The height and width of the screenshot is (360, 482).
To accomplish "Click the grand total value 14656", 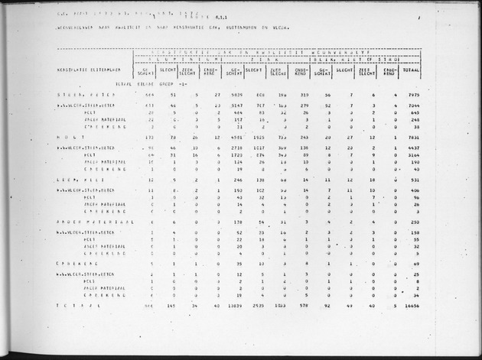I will coord(412,305).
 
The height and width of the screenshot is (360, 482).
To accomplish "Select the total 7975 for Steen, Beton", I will coord(413,96).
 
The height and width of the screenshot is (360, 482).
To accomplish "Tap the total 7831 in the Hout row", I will coord(413,138).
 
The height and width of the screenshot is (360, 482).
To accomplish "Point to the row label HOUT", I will coord(72,138).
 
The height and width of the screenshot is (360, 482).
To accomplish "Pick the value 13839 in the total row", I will coord(235,305).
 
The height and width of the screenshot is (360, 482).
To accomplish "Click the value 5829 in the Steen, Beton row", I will coord(236,96).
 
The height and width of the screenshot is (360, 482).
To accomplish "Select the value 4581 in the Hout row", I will coord(236,138).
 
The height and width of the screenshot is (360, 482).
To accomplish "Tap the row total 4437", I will coord(414,147).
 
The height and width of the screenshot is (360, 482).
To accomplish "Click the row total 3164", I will coord(414,154).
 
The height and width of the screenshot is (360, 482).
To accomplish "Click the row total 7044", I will coord(414,105).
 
